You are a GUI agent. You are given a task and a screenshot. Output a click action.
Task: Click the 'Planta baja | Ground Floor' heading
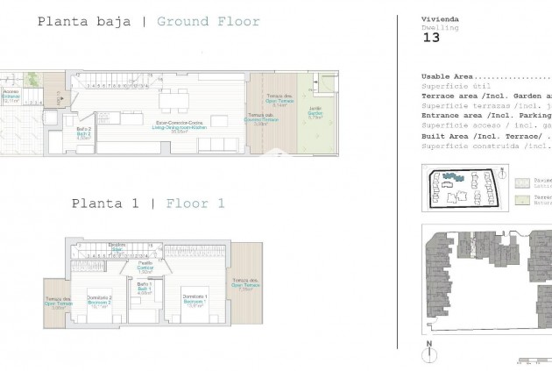click(x=148, y=21)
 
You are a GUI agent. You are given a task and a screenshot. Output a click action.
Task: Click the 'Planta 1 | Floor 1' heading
click(x=148, y=203)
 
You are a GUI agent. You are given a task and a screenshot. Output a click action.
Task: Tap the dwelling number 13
click(x=431, y=38)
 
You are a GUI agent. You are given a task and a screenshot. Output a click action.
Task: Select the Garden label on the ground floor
click(x=315, y=113)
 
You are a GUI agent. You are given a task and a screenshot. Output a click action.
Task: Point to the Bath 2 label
click(x=84, y=133)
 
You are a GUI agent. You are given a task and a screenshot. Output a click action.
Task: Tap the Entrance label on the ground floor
click(x=11, y=96)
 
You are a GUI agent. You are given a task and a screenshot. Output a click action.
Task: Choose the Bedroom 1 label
click(x=194, y=303)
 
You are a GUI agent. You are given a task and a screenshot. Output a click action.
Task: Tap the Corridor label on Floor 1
click(x=145, y=267)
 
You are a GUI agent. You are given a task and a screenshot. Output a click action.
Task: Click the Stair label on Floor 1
click(x=117, y=247)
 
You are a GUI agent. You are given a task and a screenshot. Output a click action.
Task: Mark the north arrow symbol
click(x=429, y=353)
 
